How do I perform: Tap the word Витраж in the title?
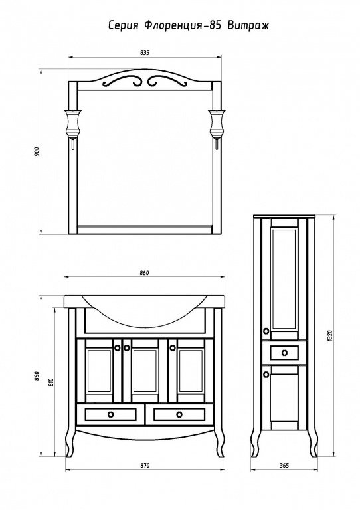coord(248,25)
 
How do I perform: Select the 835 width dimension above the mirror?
coord(145,52)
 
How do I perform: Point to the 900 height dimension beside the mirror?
coord(37,151)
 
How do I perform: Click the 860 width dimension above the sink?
coord(145,273)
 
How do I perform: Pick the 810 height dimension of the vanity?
coord(50,382)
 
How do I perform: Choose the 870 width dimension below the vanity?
coord(145,466)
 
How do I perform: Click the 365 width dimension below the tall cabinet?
coord(284,466)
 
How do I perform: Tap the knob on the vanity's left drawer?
coord(110,414)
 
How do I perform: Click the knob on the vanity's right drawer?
coord(179,414)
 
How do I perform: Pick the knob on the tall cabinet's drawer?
coord(284,353)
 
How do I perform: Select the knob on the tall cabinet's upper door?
coord(266,331)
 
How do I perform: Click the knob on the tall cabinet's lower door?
coord(266,375)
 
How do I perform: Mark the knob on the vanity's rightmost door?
coord(172,348)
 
